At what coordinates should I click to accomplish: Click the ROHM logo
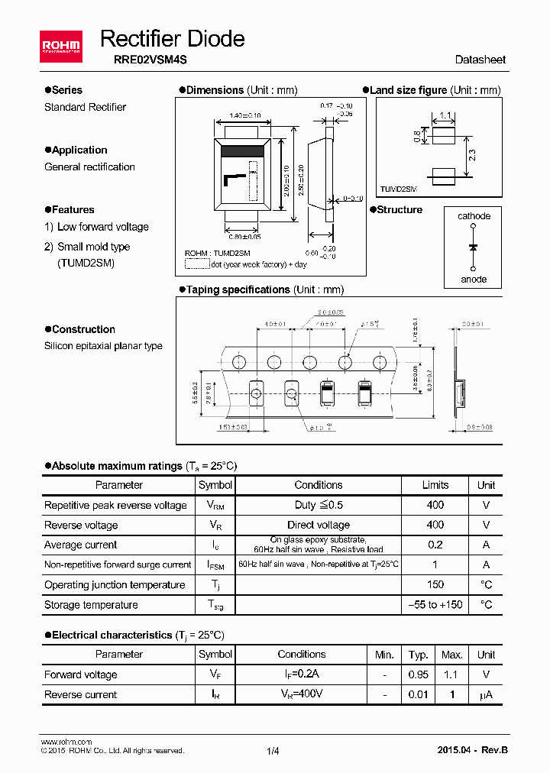point(61,47)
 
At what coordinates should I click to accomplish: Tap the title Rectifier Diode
point(173,38)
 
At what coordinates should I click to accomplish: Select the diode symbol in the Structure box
point(474,247)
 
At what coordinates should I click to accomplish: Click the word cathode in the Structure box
point(474,216)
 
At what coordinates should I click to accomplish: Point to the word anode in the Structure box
point(474,279)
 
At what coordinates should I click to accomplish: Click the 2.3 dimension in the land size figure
point(472,155)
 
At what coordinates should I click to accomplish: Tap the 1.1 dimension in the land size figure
point(445,116)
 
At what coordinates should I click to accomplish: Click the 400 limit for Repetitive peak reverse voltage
point(435,505)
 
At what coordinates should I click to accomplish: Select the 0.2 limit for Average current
point(435,545)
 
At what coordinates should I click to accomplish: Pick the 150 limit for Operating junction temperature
point(435,584)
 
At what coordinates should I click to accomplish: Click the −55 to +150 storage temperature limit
point(435,604)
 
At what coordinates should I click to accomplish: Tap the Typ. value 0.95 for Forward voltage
point(418,674)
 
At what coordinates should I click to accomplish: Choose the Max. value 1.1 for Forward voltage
point(452,674)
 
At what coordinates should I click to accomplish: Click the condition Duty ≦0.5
point(319,505)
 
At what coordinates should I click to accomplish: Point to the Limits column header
point(435,485)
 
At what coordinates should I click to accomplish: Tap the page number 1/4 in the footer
point(273,751)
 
